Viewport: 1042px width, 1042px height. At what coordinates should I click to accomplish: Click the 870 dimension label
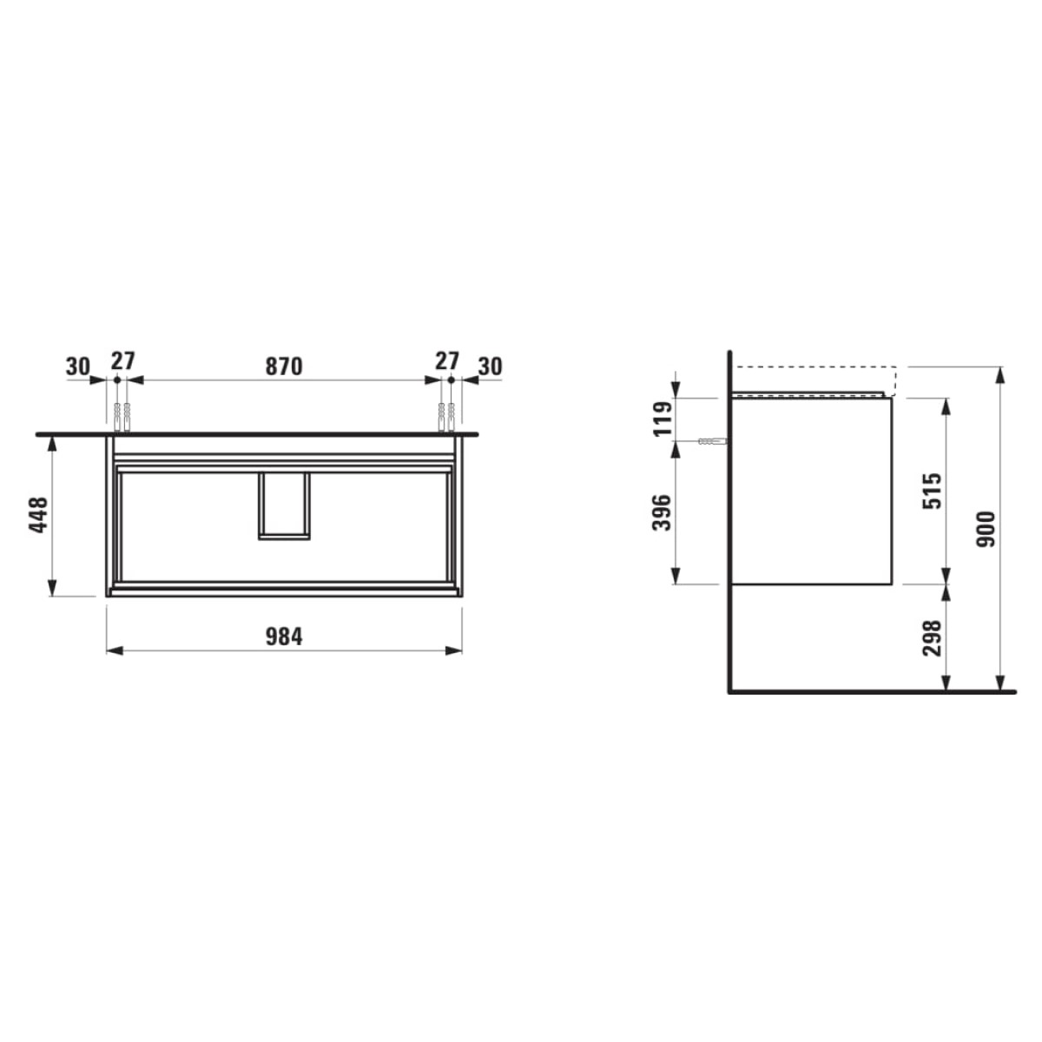(x=283, y=366)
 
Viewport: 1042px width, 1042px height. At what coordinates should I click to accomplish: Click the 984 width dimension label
(x=284, y=636)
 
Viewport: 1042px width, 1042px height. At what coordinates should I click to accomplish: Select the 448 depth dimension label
(x=38, y=516)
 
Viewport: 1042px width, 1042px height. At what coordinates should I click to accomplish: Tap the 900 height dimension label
(x=986, y=529)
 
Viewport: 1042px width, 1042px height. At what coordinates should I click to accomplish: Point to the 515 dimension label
(x=932, y=491)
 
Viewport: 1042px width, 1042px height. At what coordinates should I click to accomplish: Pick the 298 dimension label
(x=932, y=638)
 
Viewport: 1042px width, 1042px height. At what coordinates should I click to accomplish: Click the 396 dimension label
(x=663, y=512)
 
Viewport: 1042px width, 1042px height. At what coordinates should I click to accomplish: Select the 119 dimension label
(x=663, y=419)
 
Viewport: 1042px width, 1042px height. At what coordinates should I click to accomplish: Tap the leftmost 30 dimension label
(x=78, y=366)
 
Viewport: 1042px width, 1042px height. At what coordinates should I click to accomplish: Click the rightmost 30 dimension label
(x=490, y=366)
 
